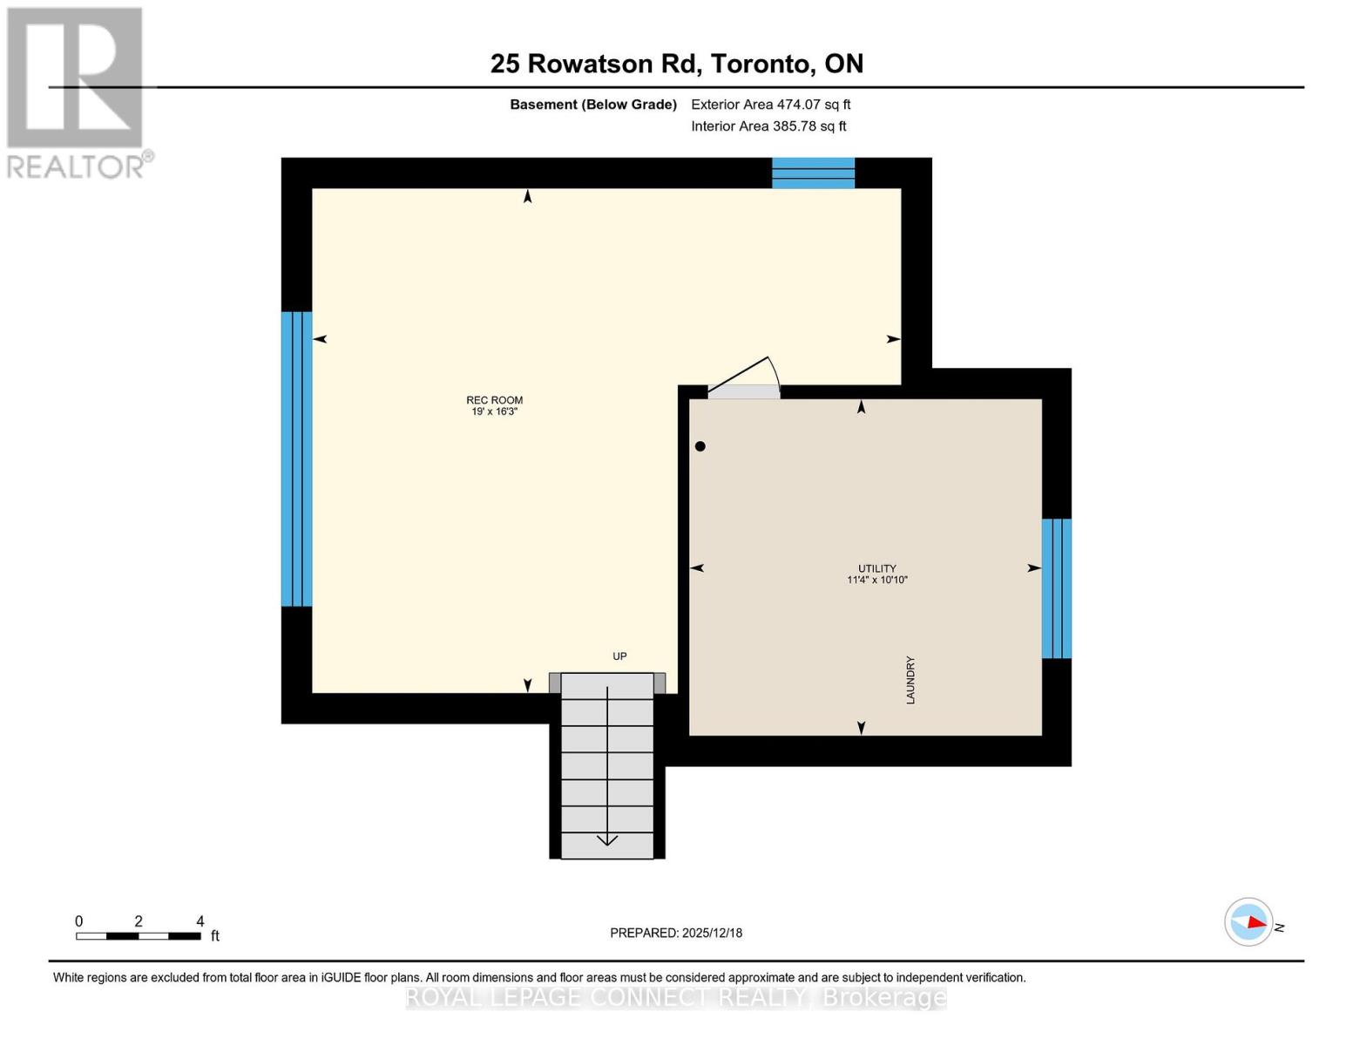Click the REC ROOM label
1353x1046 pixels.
(494, 400)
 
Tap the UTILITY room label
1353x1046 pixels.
(876, 568)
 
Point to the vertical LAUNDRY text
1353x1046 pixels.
(910, 680)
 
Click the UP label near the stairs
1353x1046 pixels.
(619, 656)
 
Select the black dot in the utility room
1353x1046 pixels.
(700, 446)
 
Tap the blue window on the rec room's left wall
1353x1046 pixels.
(296, 458)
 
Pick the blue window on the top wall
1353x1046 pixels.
(813, 173)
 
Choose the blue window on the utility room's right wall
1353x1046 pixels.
(1056, 588)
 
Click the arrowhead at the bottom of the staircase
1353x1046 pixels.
(607, 840)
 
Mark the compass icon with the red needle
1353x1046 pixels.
(1249, 922)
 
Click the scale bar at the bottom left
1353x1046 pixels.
(139, 936)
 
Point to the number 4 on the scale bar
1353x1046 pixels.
(200, 921)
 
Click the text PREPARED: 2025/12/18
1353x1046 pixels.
(676, 933)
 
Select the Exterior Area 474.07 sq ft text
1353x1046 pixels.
(770, 105)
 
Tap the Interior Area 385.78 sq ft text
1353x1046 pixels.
(768, 126)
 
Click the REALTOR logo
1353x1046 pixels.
(77, 92)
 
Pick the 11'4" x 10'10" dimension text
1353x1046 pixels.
(876, 580)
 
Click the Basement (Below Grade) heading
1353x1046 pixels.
(593, 105)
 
